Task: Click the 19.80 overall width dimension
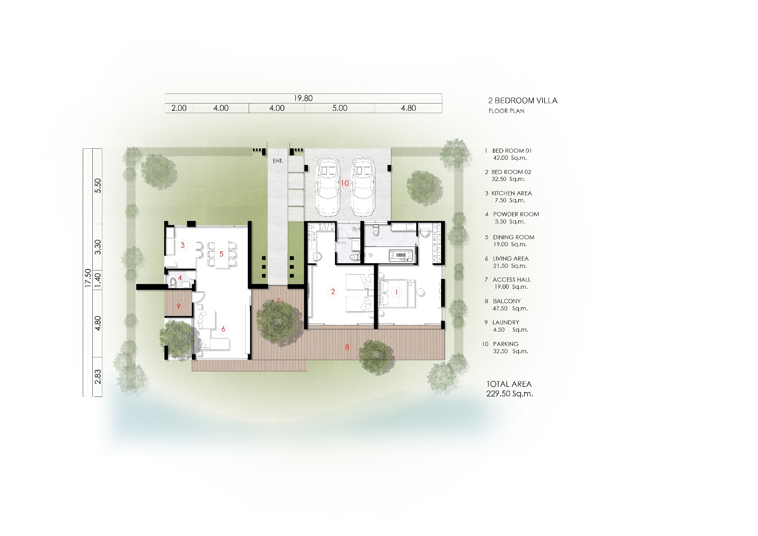coord(303,98)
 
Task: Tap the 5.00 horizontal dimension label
coord(340,108)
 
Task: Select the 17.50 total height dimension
coord(88,278)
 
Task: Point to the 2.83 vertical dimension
coord(98,377)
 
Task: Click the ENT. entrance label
coord(278,161)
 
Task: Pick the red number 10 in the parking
coord(345,183)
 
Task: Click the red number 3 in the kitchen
coord(183,245)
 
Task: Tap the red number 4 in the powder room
coord(180,278)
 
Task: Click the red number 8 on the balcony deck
coord(347,347)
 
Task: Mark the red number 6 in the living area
coord(223,329)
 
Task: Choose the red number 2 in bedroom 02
coord(333,291)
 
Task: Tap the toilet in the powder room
coord(173,282)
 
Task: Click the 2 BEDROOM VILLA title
coord(523,101)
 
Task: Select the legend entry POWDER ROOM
coord(516,214)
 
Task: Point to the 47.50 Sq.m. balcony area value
coord(510,308)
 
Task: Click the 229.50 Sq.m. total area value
coord(509,394)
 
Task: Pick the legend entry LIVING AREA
coord(510,259)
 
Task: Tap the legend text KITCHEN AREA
coord(511,193)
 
